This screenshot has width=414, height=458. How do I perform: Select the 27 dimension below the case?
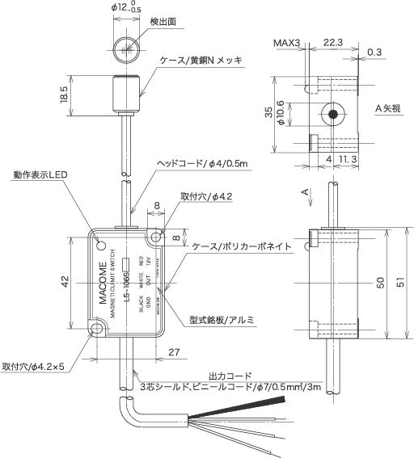[173, 352]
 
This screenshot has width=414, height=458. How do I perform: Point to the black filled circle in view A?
[332, 115]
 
